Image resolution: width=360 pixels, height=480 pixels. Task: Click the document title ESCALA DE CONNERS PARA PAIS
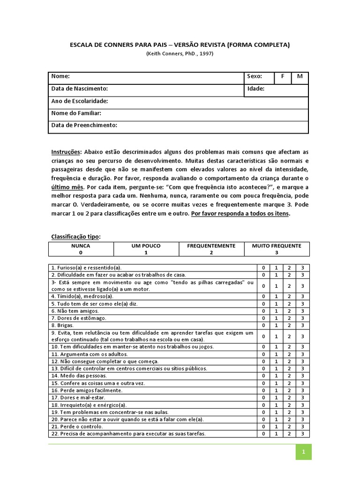click(180, 45)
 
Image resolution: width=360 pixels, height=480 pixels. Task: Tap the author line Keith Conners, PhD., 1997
click(180, 54)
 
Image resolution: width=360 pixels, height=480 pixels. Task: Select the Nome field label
click(60, 76)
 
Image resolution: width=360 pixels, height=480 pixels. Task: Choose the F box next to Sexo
click(283, 76)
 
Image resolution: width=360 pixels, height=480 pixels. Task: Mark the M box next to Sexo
click(300, 76)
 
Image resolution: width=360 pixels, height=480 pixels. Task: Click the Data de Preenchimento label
click(84, 125)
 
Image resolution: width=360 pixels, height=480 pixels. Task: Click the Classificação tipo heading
click(75, 237)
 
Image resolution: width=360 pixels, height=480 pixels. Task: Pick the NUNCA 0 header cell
click(81, 249)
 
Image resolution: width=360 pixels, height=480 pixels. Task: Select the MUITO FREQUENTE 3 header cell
click(277, 249)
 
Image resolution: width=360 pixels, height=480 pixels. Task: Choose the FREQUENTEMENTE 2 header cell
click(211, 249)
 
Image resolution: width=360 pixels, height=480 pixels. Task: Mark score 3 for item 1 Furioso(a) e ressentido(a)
click(303, 267)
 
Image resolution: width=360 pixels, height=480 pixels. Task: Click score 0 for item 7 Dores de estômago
click(263, 318)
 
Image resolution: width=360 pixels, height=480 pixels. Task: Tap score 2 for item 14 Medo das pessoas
click(290, 376)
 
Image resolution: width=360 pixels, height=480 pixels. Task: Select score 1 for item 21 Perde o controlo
click(277, 427)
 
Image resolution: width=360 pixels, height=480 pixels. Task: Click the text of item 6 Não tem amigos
click(70, 311)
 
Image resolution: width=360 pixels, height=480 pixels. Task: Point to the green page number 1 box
click(303, 452)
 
